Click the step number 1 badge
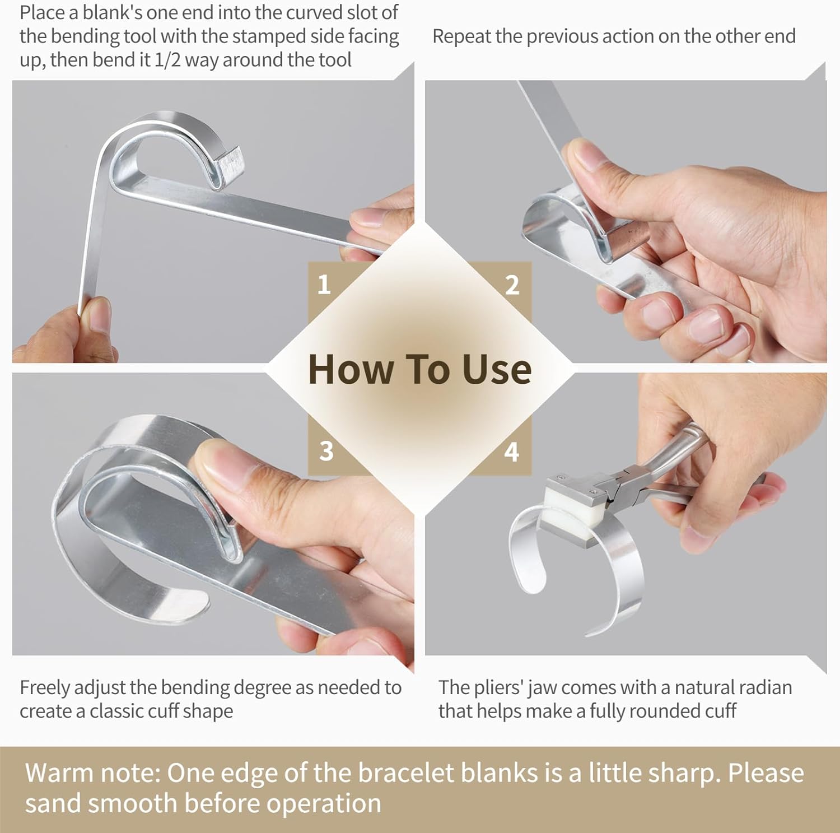click(324, 285)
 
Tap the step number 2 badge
click(512, 285)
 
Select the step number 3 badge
click(326, 451)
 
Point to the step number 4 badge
click(511, 452)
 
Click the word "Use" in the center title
click(497, 370)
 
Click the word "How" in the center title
click(350, 370)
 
